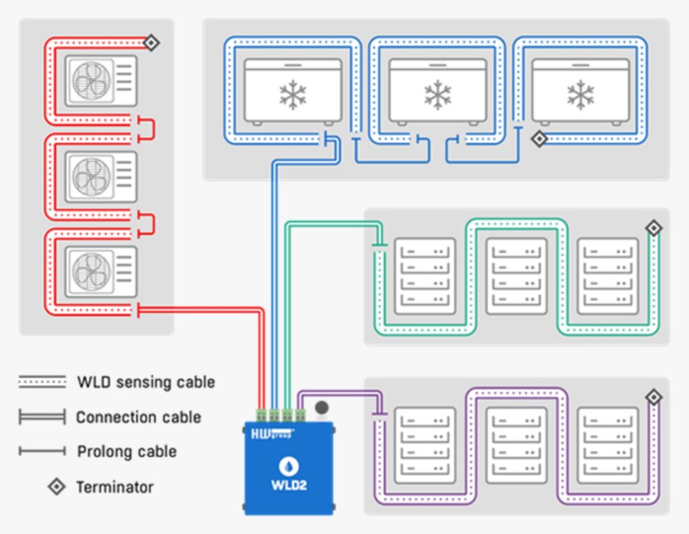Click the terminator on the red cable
click(152, 43)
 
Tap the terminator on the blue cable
click(538, 139)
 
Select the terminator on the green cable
click(653, 228)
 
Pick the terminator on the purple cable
click(653, 397)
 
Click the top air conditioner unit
click(101, 81)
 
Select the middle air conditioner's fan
click(92, 176)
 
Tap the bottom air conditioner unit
click(101, 271)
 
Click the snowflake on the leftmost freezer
click(293, 95)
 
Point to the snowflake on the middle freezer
click(438, 95)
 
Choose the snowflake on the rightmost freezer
click(580, 95)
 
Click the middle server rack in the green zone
click(516, 275)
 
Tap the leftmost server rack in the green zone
click(425, 275)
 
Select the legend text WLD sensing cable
click(146, 382)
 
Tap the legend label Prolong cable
click(126, 451)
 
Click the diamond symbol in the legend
click(57, 486)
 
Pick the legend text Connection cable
click(139, 418)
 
